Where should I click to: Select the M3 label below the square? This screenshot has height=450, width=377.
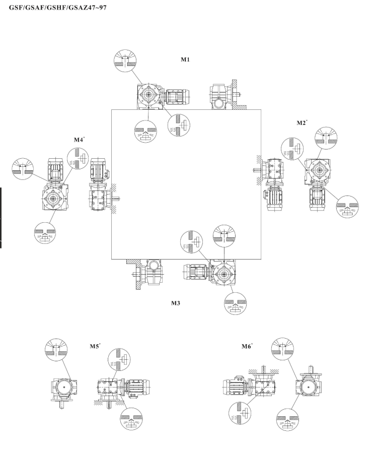pyautogui.click(x=180, y=304)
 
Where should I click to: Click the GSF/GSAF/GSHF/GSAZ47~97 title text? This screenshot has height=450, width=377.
pyautogui.click(x=60, y=8)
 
